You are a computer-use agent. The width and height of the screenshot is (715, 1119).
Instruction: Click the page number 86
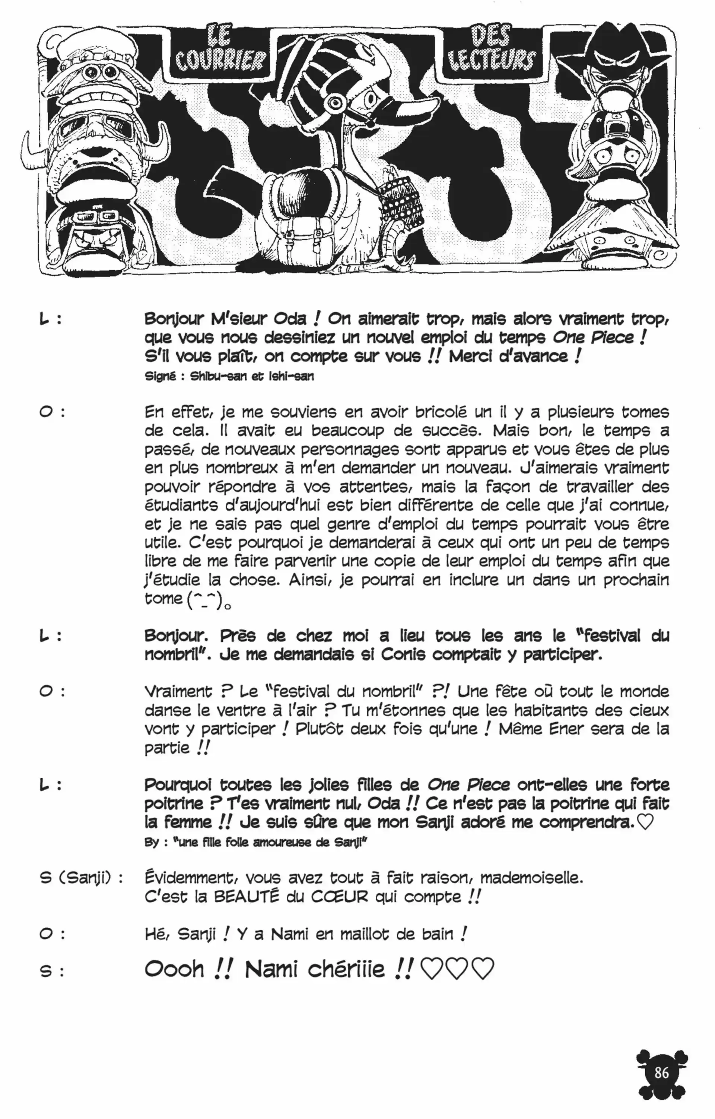[x=661, y=1072]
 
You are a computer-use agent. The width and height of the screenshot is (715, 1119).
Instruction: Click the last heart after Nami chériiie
[x=483, y=969]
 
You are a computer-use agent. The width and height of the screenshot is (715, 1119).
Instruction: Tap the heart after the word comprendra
[x=645, y=823]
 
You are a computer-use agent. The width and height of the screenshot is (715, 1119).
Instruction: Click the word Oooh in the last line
[x=174, y=969]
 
